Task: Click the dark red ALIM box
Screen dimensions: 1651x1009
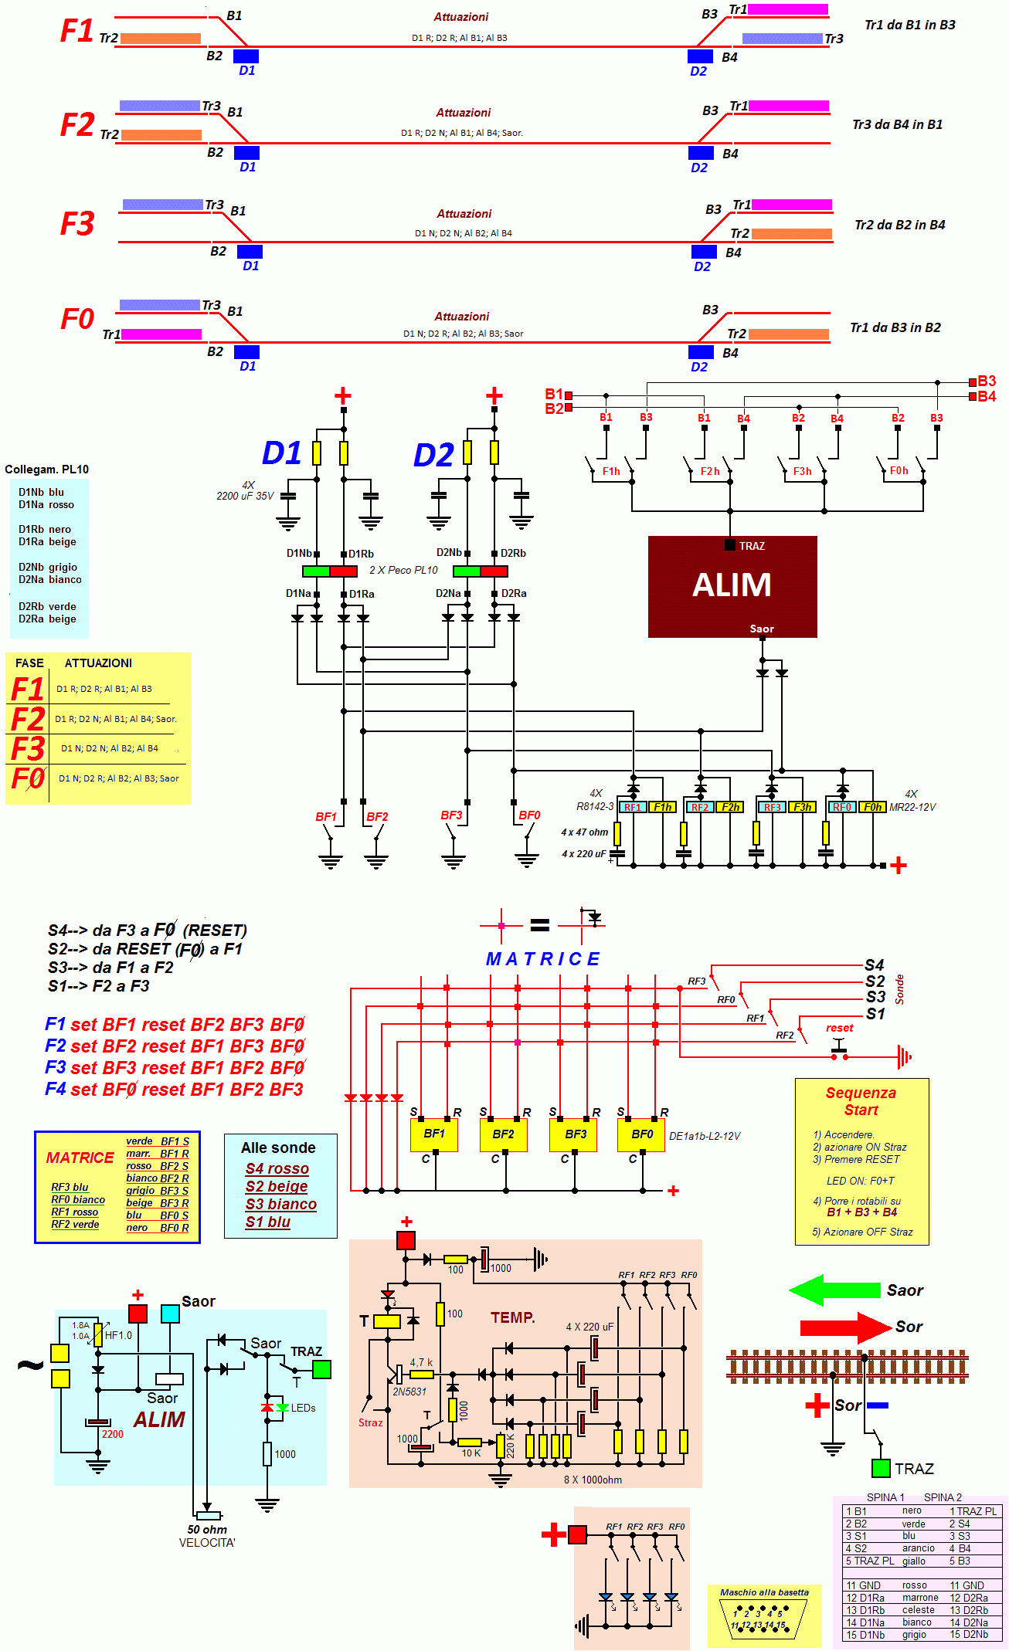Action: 732,586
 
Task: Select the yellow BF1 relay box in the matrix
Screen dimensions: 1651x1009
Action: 433,1134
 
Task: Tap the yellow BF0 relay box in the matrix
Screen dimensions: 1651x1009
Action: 641,1134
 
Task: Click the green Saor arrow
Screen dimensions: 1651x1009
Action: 834,1290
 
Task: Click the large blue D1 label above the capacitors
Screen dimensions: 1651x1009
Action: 281,453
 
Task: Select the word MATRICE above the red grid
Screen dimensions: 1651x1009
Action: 542,959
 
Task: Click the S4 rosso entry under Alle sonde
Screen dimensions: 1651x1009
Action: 277,1169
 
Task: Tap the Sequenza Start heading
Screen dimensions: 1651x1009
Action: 861,1101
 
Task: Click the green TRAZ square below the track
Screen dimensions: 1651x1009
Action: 880,1468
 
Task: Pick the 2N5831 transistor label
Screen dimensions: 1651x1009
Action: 409,1392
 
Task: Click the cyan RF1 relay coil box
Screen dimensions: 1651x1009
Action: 633,807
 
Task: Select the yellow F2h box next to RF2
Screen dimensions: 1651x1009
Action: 730,807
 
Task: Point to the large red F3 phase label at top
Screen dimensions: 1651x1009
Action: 77,224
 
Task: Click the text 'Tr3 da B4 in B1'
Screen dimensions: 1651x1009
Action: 897,124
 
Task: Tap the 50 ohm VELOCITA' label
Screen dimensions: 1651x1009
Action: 207,1536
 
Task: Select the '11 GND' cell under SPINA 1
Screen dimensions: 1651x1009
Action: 863,1585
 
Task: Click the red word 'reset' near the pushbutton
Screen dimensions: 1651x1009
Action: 839,1028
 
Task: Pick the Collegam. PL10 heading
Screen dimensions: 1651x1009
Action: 46,470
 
